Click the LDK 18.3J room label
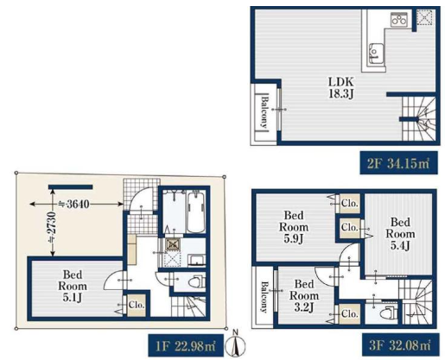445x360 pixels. coord(341,88)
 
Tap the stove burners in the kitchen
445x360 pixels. coord(398,20)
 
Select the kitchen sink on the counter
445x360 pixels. coord(375,54)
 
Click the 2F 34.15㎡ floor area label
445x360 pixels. coord(399,163)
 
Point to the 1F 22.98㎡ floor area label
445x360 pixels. coord(186,345)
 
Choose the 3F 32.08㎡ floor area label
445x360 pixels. coord(401,345)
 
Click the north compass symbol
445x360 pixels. coord(235,344)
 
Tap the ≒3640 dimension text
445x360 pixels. coord(73,204)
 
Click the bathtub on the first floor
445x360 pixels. coord(196,212)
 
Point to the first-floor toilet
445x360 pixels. coord(197,282)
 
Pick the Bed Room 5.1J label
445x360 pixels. coord(73,286)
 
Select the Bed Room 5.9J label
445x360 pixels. coord(294,227)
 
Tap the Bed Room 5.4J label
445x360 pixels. coord(400,234)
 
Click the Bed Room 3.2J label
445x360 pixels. coord(304,296)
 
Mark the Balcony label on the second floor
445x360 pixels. coord(264,111)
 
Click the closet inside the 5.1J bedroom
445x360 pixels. coord(136,305)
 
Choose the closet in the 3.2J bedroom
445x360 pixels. coord(349,314)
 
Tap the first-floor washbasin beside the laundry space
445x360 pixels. coord(197,260)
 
